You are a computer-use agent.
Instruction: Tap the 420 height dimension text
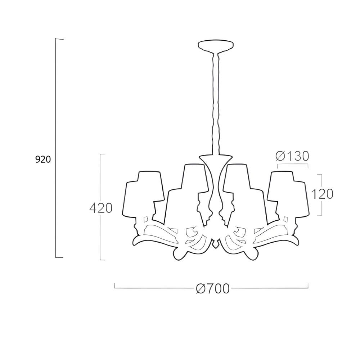(x=101, y=208)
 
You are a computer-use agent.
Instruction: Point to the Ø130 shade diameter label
(x=292, y=156)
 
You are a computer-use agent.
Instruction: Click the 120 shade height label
(x=322, y=194)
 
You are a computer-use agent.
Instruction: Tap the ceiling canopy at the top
(x=216, y=46)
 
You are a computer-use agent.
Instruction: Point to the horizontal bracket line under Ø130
(x=292, y=164)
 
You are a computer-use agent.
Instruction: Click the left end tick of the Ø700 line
(x=114, y=286)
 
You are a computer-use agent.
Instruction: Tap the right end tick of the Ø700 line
(x=308, y=286)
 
